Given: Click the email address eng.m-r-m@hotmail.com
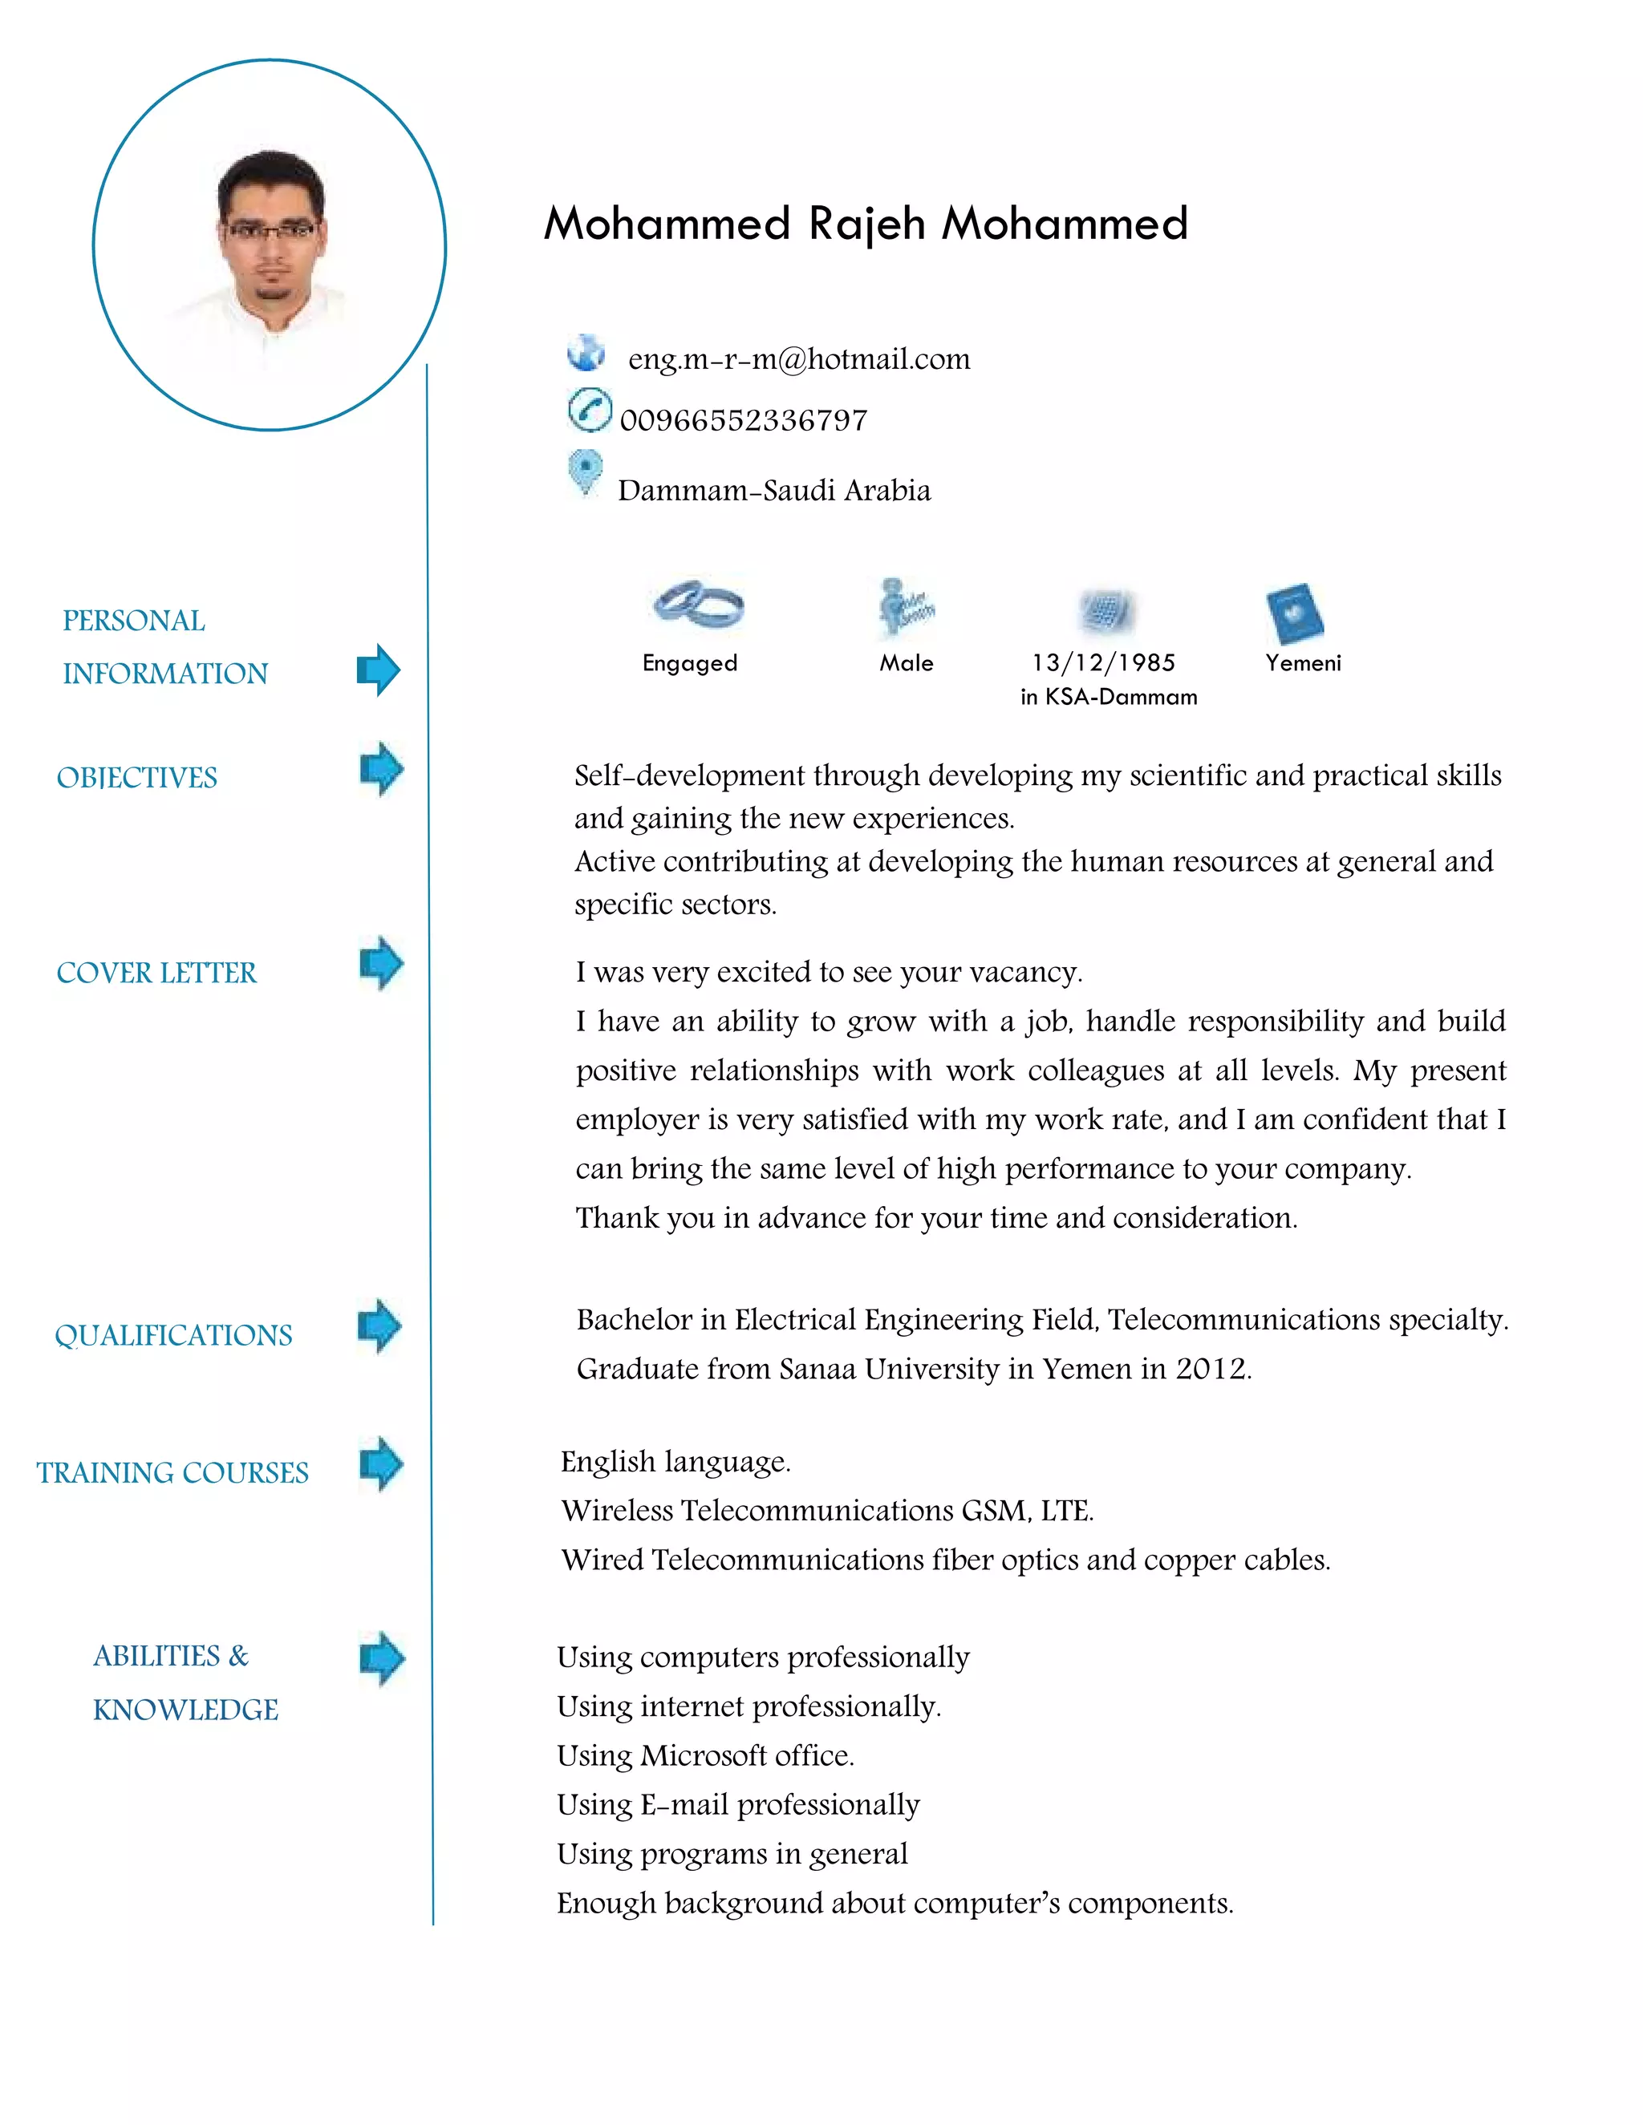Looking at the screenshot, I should click(x=798, y=359).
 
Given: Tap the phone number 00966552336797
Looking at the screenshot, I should click(x=744, y=420).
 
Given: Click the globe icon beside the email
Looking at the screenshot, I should click(x=586, y=352).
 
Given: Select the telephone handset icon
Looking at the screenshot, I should click(x=589, y=410).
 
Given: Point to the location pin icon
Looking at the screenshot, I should click(x=585, y=472).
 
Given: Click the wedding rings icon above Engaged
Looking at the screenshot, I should click(x=698, y=605).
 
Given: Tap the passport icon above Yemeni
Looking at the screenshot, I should click(x=1295, y=613).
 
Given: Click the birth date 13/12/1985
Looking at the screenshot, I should click(x=1103, y=662).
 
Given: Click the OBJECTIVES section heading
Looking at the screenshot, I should click(x=137, y=777).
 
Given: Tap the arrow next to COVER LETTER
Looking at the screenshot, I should click(x=380, y=963).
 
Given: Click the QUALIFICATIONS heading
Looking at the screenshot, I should click(x=173, y=1335).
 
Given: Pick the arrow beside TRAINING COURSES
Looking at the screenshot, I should click(x=380, y=1463).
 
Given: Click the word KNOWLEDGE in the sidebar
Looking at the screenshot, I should click(x=185, y=1710).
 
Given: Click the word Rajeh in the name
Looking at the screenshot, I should click(x=866, y=224).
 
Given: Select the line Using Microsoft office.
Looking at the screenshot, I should click(x=704, y=1755).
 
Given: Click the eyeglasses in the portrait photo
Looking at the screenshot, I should click(x=270, y=231).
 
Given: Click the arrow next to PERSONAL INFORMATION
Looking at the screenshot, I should click(x=379, y=670).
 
